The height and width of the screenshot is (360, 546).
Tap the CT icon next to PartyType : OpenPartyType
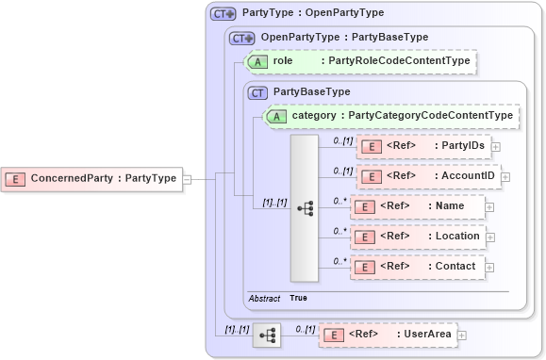[x=223, y=13]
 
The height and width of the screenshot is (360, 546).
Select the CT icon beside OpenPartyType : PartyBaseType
[x=242, y=38]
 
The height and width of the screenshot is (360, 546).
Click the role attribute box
[x=358, y=61]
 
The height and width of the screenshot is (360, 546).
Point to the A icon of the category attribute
[x=277, y=116]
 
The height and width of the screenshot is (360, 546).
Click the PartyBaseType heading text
[x=311, y=91]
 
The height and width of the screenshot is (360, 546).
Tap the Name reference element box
[x=417, y=205]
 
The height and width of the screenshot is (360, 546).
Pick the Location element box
[x=417, y=237]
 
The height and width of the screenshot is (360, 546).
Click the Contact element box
[x=417, y=267]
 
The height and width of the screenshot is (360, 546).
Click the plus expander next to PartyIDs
[x=495, y=146]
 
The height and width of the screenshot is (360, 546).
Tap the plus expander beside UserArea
[x=462, y=334]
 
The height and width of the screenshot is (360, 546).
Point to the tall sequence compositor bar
[x=305, y=207]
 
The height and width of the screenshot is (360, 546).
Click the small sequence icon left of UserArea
[x=266, y=335]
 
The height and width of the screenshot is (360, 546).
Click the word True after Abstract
[x=298, y=298]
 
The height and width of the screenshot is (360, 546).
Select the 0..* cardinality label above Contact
[x=340, y=260]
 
